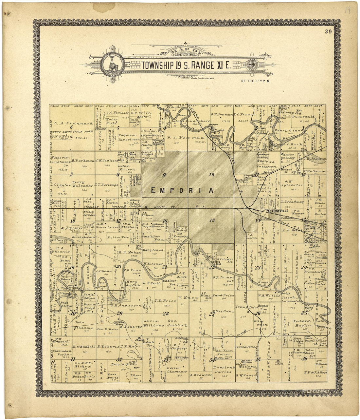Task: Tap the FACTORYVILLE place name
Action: [277, 211]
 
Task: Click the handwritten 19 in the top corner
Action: [347, 10]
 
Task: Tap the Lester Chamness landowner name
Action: [177, 370]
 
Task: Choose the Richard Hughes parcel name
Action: [302, 323]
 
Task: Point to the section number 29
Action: [119, 313]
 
